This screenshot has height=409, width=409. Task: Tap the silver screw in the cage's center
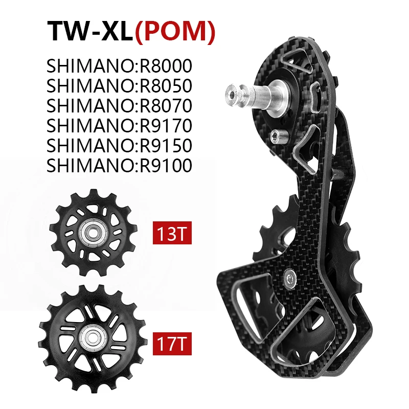pyautogui.click(x=290, y=276)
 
